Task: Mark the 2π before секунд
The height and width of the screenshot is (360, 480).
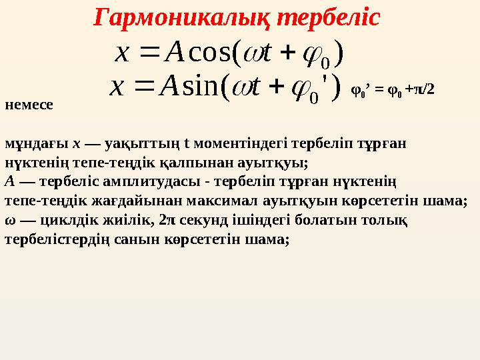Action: tap(168, 219)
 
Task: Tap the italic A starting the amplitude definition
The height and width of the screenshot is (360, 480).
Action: tap(9, 181)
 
